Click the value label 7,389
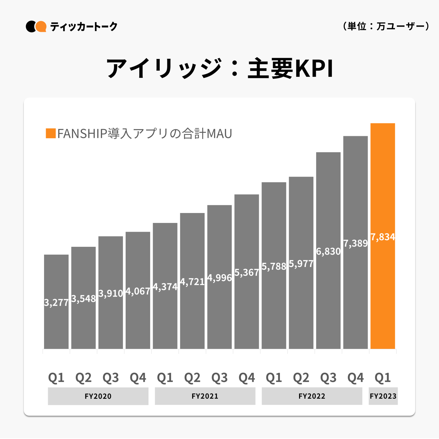point(356,243)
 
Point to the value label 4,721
point(192,282)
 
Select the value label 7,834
point(383,237)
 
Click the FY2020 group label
point(98,396)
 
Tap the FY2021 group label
point(205,396)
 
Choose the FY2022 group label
point(312,396)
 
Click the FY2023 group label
point(383,396)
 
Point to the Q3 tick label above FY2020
point(111,378)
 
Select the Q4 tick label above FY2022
point(356,378)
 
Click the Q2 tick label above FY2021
point(192,378)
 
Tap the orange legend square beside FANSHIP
point(51,133)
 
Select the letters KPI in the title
point(313,69)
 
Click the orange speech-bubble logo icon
point(41,26)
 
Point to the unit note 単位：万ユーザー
point(386,26)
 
